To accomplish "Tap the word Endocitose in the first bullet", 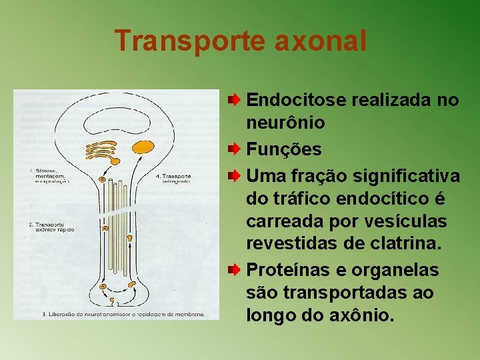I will coord(296,100).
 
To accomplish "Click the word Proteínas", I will coord(288,269).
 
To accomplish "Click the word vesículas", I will coord(405,221).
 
